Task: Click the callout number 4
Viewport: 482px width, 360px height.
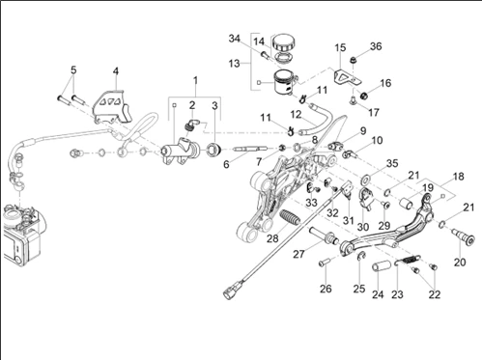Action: click(116, 71)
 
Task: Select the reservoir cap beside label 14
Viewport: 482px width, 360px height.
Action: click(283, 42)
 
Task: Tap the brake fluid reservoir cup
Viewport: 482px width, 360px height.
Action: click(284, 82)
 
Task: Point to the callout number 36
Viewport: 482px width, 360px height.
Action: click(376, 46)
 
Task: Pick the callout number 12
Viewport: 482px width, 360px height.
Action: click(296, 114)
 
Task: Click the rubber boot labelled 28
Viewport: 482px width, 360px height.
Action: click(291, 218)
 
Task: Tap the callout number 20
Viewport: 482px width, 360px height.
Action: click(460, 263)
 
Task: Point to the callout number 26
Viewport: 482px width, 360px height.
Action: click(326, 289)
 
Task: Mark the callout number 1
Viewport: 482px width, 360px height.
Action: click(195, 80)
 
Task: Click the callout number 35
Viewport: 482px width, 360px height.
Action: click(392, 163)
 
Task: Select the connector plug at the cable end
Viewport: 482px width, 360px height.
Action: click(231, 291)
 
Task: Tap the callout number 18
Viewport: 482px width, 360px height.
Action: click(459, 177)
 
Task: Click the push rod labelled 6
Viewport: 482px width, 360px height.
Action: click(251, 149)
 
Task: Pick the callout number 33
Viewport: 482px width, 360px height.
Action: click(311, 203)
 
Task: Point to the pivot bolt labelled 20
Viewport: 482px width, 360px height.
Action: click(465, 237)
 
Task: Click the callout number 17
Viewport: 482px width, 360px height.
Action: click(374, 113)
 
